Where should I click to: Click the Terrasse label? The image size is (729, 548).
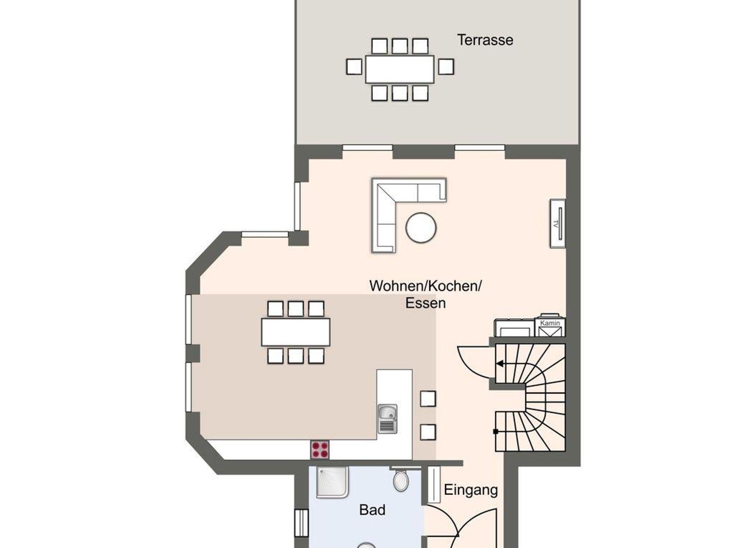pyautogui.click(x=485, y=40)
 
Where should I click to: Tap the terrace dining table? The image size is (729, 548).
pyautogui.click(x=400, y=69)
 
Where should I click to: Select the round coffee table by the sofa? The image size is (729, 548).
pyautogui.click(x=421, y=228)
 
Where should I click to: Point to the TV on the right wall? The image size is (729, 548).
pyautogui.click(x=558, y=223)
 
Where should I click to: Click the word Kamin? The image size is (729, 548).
pyautogui.click(x=550, y=323)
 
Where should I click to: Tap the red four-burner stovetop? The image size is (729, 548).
pyautogui.click(x=320, y=450)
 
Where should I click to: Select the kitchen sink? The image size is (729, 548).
pyautogui.click(x=387, y=419)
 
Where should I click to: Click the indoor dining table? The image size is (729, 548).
pyautogui.click(x=295, y=332)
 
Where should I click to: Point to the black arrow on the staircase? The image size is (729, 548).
pyautogui.click(x=500, y=364)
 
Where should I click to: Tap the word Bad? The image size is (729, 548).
pyautogui.click(x=372, y=510)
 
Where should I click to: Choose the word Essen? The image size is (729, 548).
pyautogui.click(x=425, y=303)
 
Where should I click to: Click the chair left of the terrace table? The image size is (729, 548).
pyautogui.click(x=354, y=67)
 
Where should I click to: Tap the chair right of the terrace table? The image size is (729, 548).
pyautogui.click(x=446, y=67)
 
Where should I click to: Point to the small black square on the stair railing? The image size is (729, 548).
pyautogui.click(x=495, y=431)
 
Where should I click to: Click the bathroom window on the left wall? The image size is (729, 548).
pyautogui.click(x=301, y=523)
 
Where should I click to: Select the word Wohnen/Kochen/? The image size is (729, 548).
pyautogui.click(x=425, y=286)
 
